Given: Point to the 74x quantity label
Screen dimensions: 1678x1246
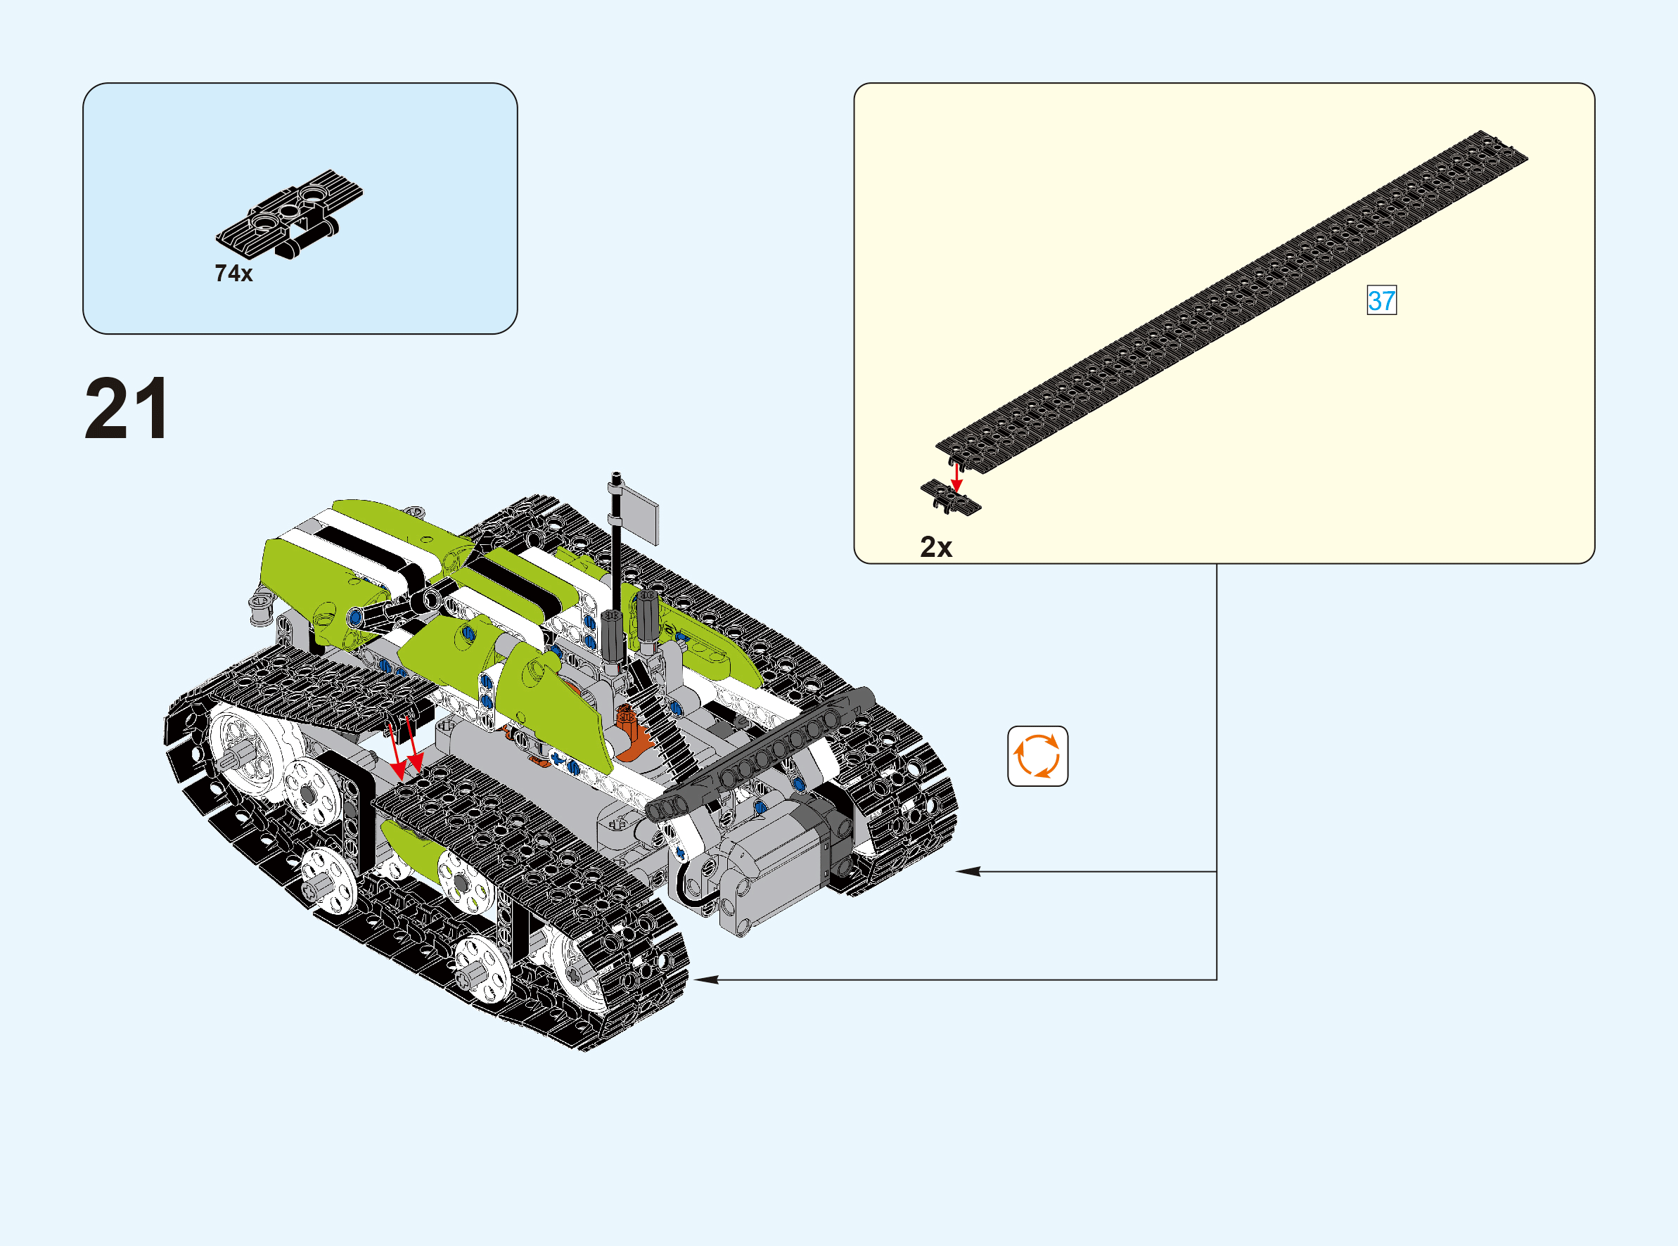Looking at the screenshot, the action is (233, 273).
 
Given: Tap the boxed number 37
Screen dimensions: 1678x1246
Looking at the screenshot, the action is (1382, 300).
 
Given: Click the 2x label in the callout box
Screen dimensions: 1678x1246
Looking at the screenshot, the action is (936, 547).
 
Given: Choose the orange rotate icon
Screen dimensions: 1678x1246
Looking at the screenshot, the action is (1038, 756).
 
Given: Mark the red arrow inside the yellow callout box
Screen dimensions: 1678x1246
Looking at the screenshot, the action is (956, 477).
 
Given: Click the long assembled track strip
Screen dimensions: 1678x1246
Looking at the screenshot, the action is (1231, 302).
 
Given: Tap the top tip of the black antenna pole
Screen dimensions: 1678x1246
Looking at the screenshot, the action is (616, 475).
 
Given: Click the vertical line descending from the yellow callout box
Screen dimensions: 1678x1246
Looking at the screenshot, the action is (1217, 771).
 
